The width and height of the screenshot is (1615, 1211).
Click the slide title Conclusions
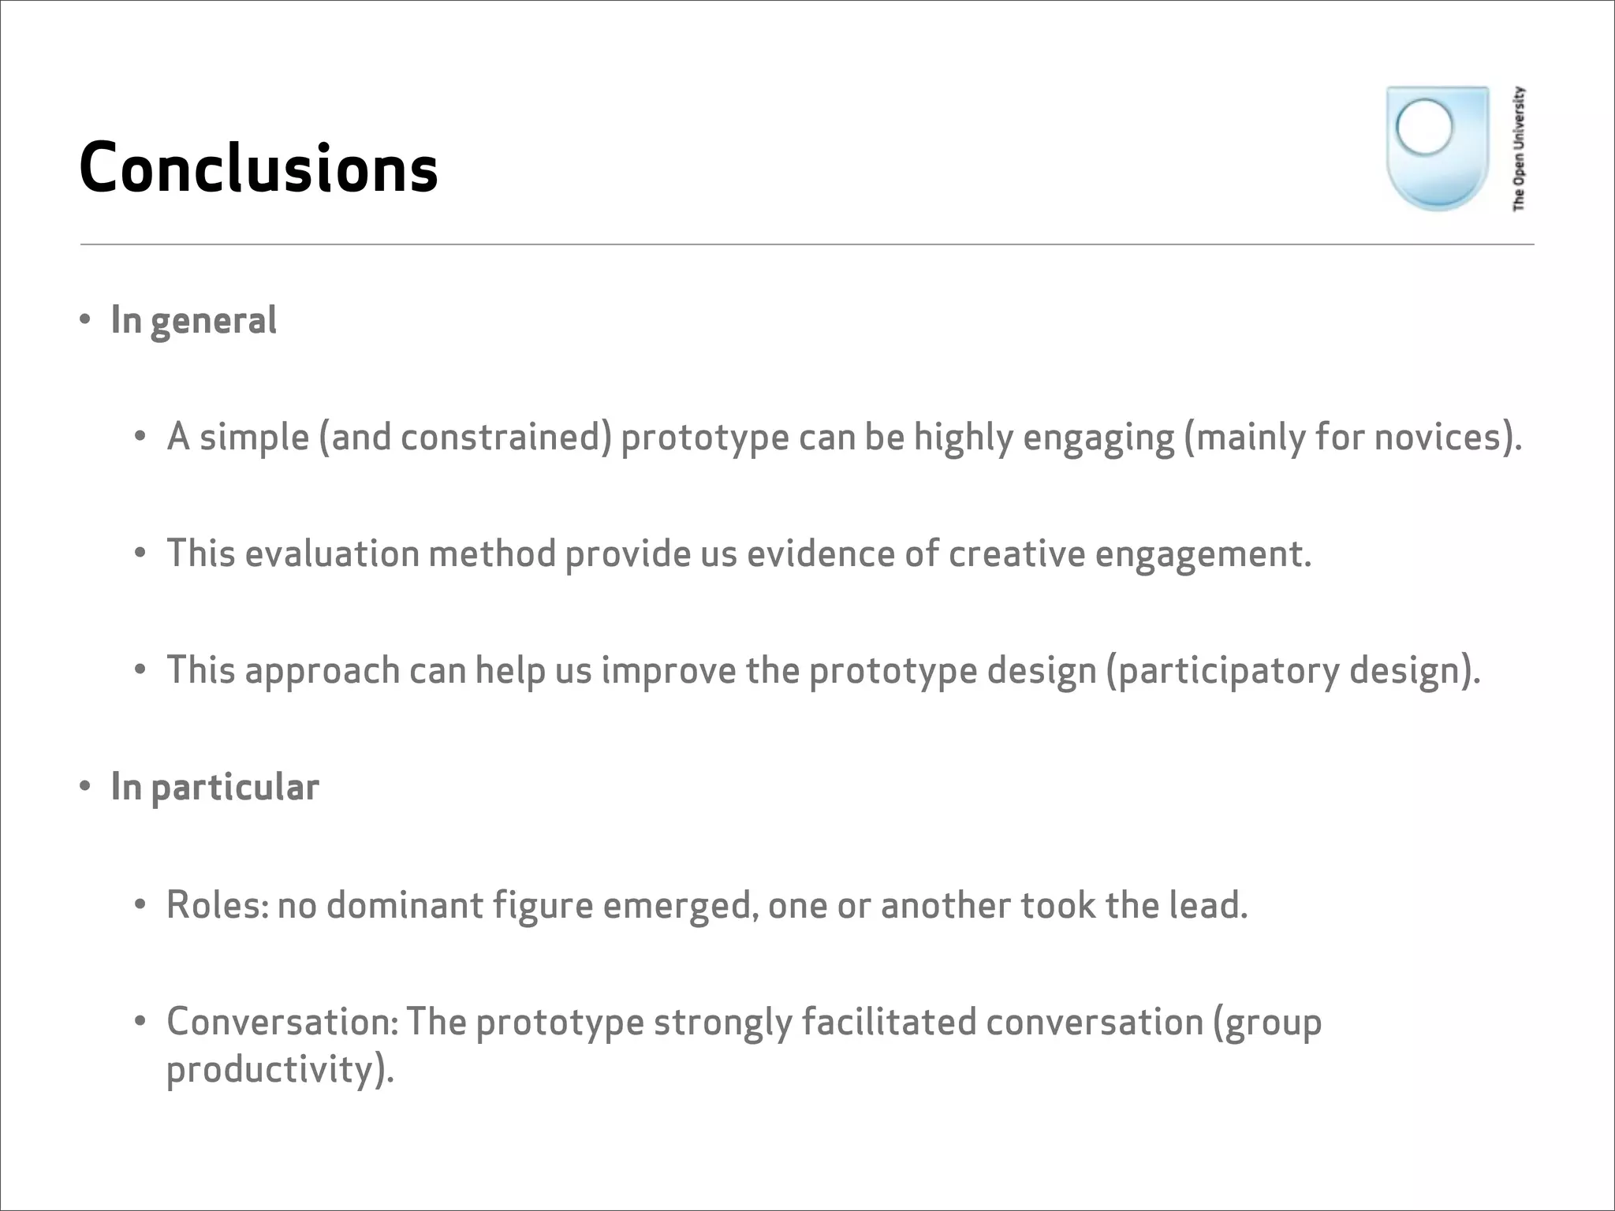pyautogui.click(x=258, y=168)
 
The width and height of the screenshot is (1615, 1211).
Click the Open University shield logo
pyautogui.click(x=1437, y=148)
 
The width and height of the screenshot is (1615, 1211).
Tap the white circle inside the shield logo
pyautogui.click(x=1423, y=126)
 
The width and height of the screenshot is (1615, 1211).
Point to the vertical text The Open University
pyautogui.click(x=1518, y=148)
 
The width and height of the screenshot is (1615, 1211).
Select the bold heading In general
pyautogui.click(x=193, y=321)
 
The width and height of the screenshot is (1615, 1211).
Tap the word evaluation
pyautogui.click(x=332, y=553)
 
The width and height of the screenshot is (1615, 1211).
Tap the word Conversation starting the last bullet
pyautogui.click(x=280, y=1023)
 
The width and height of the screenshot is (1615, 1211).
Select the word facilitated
pyautogui.click(x=889, y=1023)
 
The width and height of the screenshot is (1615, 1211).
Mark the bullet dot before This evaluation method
pyautogui.click(x=140, y=553)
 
